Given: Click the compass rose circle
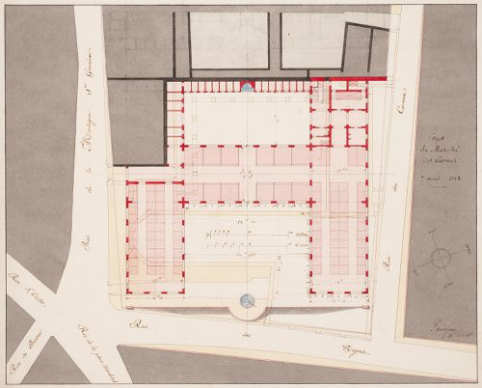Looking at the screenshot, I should pyautogui.click(x=440, y=258).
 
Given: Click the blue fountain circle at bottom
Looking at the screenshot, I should pyautogui.click(x=248, y=302).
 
